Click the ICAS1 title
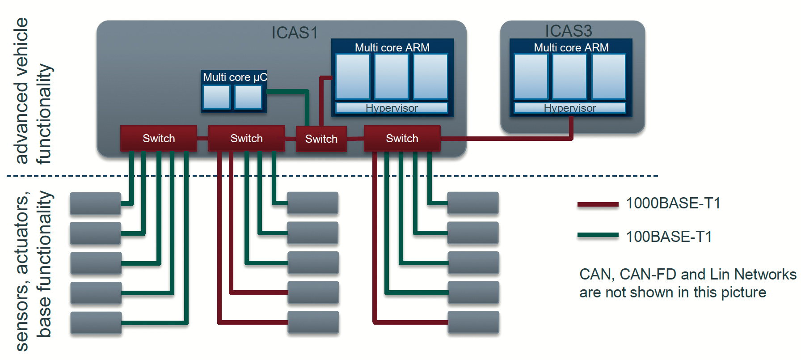[x=294, y=33]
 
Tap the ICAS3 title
[x=568, y=31]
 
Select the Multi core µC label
[x=235, y=77]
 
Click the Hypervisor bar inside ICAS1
[x=392, y=108]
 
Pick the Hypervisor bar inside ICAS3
[x=569, y=108]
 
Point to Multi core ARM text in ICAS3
[x=571, y=47]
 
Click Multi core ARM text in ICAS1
[x=392, y=47]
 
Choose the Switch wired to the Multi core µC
[x=321, y=139]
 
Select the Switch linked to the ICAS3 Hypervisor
[x=402, y=139]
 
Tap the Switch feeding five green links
[x=159, y=139]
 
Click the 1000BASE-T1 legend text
[x=673, y=203]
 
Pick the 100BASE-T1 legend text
[x=669, y=237]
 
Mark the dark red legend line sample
[x=598, y=204]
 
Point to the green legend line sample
[x=598, y=235]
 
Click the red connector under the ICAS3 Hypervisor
[x=571, y=127]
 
